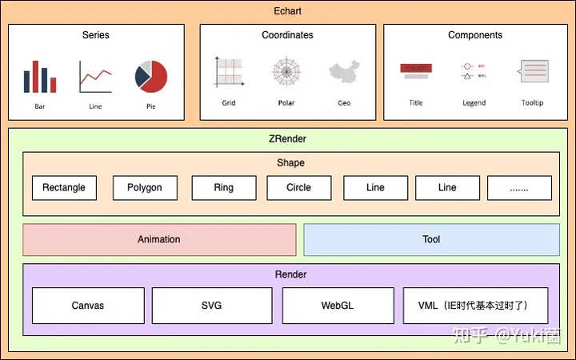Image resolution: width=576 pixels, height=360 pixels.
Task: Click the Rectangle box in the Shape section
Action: (x=64, y=188)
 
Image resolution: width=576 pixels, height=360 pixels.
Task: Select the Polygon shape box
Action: (x=144, y=188)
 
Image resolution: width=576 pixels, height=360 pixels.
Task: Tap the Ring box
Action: (x=224, y=188)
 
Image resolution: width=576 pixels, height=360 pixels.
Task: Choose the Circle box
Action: (x=298, y=188)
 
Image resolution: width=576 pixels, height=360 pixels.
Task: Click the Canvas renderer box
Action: (x=88, y=306)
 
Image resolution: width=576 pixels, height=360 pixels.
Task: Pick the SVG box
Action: (x=212, y=306)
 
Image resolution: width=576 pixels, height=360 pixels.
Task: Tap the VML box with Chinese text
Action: (x=477, y=306)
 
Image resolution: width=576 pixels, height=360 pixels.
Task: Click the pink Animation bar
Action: (x=159, y=240)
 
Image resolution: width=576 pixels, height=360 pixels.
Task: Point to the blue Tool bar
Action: (x=431, y=240)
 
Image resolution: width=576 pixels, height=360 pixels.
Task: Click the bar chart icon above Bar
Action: (x=40, y=77)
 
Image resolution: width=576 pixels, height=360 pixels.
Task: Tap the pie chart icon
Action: (x=151, y=77)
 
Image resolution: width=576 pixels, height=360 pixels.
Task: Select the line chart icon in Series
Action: (x=95, y=78)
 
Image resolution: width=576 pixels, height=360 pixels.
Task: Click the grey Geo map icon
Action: (x=343, y=74)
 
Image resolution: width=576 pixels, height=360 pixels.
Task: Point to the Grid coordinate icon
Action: (x=229, y=73)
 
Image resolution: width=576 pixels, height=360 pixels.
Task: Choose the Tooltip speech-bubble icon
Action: (x=533, y=72)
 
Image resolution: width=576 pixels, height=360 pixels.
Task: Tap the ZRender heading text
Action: (x=287, y=138)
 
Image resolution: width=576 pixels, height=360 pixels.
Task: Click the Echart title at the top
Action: (x=287, y=11)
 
